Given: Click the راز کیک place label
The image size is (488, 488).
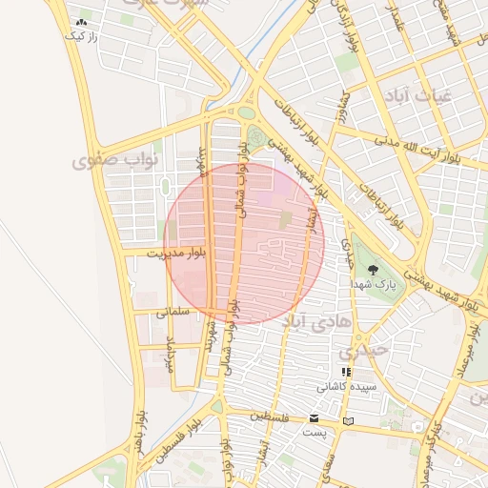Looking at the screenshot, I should point(81,35).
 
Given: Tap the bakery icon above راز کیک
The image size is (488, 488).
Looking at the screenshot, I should point(81,21).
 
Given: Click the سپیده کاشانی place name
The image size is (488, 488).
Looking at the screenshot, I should point(347,387).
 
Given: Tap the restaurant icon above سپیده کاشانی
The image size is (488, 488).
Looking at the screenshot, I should point(346,373).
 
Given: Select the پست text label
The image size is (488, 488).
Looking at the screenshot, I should point(314,433).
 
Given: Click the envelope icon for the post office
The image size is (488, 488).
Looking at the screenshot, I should point(314,419).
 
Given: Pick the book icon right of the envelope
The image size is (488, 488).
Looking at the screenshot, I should point(348,420).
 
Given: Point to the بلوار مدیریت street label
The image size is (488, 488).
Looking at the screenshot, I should point(177,254).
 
